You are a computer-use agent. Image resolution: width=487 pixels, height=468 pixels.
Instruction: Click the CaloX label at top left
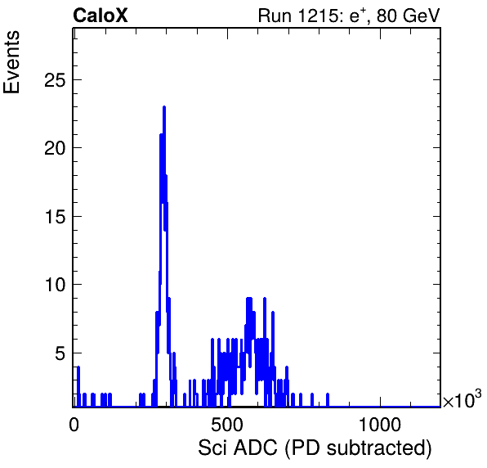[101, 16]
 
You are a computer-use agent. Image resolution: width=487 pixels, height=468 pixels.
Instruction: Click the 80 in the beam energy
[387, 16]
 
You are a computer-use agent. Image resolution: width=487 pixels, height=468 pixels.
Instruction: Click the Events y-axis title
[11, 62]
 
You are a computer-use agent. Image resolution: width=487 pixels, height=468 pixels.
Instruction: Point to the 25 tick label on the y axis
[56, 80]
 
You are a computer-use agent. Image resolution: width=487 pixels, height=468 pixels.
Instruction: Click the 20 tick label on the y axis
[56, 148]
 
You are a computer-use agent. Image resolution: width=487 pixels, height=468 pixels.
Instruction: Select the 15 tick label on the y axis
[56, 217]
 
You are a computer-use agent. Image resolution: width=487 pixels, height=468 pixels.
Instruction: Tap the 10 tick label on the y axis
[56, 285]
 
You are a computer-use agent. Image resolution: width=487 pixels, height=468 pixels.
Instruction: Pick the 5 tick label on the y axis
[60, 353]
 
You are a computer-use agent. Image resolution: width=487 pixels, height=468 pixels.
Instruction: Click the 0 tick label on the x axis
[74, 425]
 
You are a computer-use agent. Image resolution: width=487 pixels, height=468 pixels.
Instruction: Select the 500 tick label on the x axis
[226, 425]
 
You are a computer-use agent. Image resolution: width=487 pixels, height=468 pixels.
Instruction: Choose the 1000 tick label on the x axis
[380, 425]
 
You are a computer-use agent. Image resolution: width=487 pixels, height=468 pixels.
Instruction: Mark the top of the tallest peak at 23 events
[164, 106]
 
